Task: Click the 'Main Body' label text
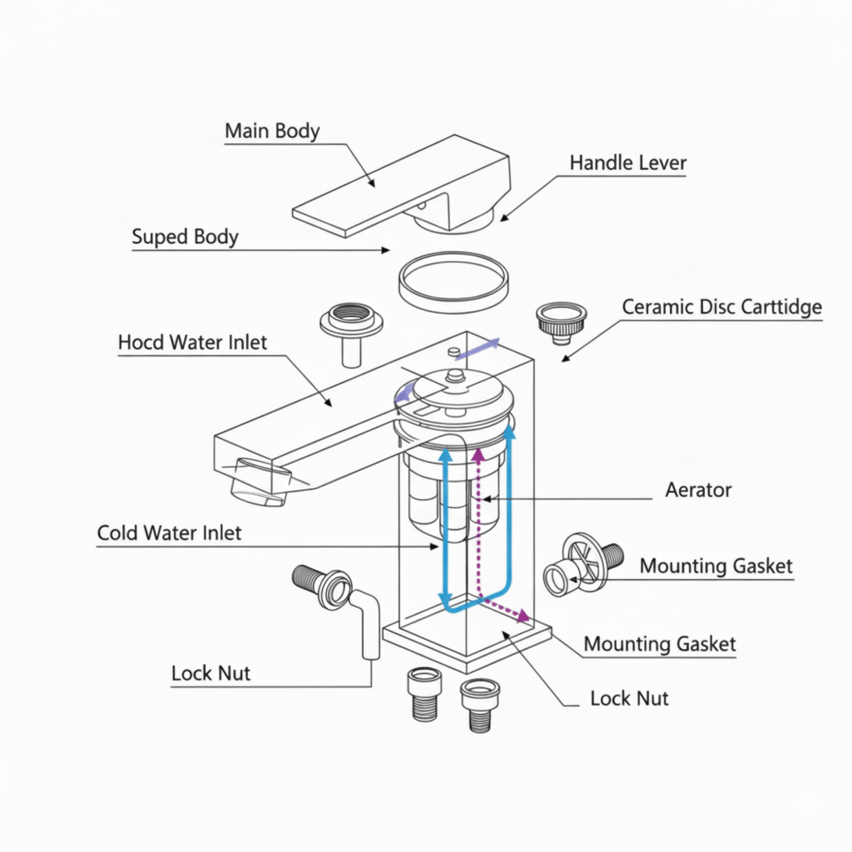coord(272,131)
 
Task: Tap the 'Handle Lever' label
coord(627,163)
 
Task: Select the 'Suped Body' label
coord(185,237)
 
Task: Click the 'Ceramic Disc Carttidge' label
coord(722,306)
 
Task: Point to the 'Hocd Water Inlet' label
coord(192,342)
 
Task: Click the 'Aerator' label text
coord(698,490)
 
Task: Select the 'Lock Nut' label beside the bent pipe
coord(210,674)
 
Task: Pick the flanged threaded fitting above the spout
coord(351,324)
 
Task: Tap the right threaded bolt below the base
coord(480,704)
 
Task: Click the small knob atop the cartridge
coord(453,376)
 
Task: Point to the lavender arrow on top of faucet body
coord(478,349)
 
